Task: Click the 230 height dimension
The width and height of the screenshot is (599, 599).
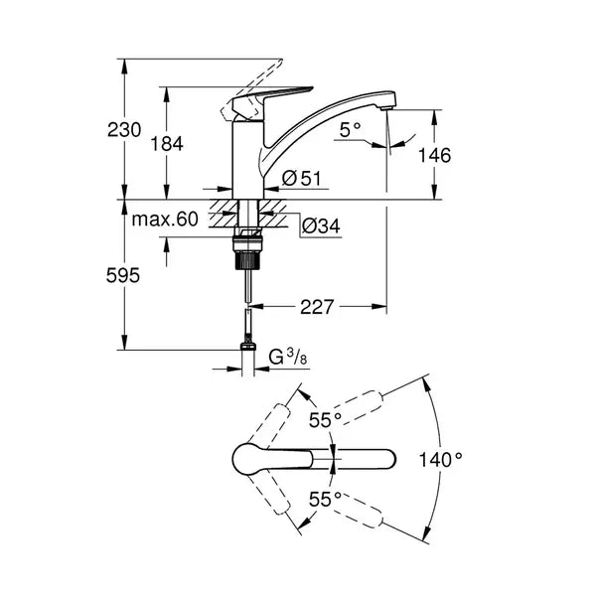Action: point(125,129)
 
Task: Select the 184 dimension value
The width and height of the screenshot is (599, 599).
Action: point(167,143)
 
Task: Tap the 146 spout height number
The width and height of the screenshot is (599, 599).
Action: point(435,155)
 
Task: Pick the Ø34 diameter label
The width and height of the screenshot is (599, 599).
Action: point(320,227)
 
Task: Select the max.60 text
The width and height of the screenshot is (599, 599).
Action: point(165,219)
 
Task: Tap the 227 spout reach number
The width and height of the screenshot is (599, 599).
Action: point(316,307)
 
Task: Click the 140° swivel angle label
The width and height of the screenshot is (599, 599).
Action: point(440,459)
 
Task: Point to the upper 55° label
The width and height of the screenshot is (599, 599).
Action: point(324,420)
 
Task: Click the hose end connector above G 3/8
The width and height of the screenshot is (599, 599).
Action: point(246,344)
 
